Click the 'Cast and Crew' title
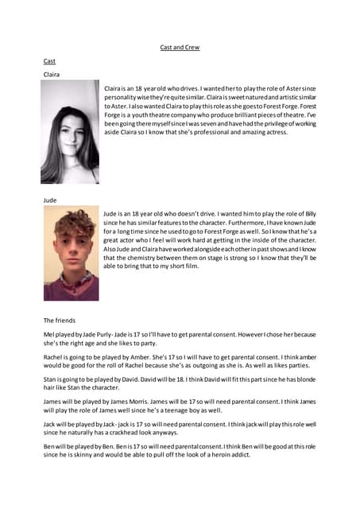(180, 48)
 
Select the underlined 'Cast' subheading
(49, 60)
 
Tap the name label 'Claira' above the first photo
(52, 74)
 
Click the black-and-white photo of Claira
(71, 131)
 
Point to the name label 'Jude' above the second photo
(50, 201)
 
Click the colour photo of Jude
(71, 253)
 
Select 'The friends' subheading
(60, 320)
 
